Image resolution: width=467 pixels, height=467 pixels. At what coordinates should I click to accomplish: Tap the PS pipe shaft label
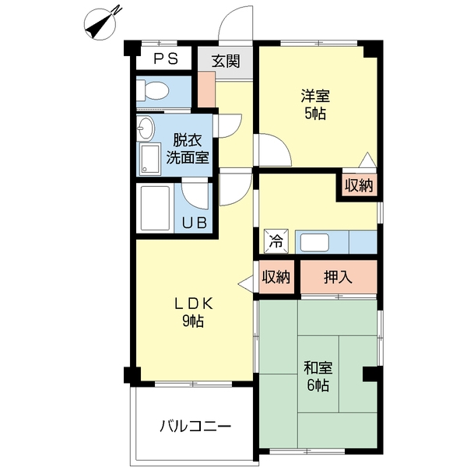(x=165, y=59)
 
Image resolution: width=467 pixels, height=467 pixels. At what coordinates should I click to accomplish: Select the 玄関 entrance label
(x=226, y=61)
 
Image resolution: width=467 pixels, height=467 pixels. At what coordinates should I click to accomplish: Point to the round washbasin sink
(x=146, y=128)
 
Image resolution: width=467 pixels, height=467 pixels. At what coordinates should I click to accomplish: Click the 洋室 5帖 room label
(x=315, y=105)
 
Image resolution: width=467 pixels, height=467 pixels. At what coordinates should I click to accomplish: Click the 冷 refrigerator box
(x=276, y=241)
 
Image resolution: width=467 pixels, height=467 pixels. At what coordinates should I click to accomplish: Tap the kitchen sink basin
(x=318, y=242)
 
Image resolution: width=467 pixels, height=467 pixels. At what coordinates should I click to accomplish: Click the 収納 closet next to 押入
(x=276, y=276)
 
